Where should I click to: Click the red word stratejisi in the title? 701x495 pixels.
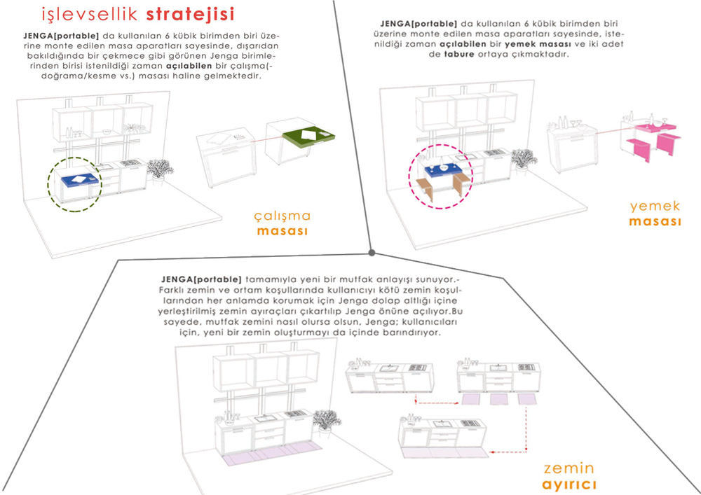click(190, 14)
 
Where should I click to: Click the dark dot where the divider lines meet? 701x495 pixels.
click(372, 253)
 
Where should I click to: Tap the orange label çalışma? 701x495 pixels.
click(282, 216)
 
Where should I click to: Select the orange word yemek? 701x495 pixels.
click(655, 207)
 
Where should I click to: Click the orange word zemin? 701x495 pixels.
click(569, 468)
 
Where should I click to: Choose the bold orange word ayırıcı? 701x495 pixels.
click(569, 484)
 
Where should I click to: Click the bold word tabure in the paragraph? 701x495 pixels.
click(458, 55)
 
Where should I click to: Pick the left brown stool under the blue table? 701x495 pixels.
click(425, 189)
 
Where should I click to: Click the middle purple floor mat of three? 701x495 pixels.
click(499, 399)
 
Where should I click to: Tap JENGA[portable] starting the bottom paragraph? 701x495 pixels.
click(200, 279)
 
